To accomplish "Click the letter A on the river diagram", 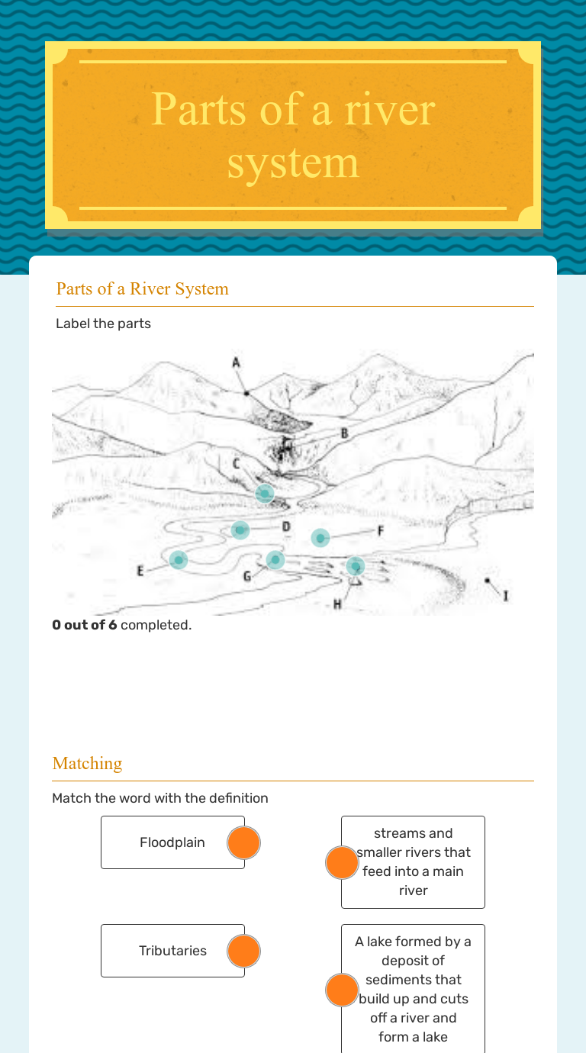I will pos(237,362).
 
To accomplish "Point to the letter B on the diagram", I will pos(344,433).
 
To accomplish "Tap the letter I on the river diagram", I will pos(505,595).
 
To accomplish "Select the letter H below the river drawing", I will pos(337,604).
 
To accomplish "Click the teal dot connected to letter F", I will pos(320,538).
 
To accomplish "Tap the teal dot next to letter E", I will pos(179,560).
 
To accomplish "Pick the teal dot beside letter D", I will pos(240,530).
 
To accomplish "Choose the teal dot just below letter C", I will pos(265,494).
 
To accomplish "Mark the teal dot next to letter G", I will pos(275,560).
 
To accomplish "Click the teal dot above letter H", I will pos(356,566).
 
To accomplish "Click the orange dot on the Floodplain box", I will pos(244,843).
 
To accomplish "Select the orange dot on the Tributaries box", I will pos(244,952).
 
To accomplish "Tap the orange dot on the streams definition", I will pos(342,862).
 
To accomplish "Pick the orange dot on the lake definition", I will pos(342,990).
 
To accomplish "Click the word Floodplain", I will pos(172,842).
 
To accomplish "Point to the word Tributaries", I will pos(172,951).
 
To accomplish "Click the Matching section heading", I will pos(87,763).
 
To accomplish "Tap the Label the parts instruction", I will pos(103,324).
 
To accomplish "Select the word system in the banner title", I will pos(293,163).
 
